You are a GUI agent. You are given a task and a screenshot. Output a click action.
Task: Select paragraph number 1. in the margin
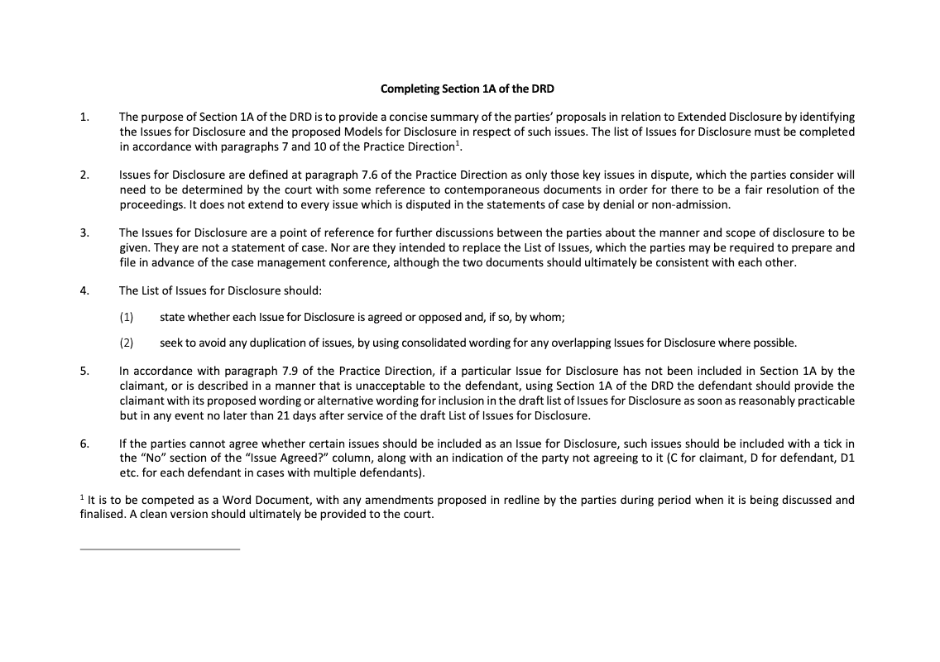pos(84,117)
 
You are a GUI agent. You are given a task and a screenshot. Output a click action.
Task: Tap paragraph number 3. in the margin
pos(84,233)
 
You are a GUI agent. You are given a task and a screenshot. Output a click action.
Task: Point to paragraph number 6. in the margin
pos(84,444)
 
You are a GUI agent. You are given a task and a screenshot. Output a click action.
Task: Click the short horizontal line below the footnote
pos(160,549)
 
